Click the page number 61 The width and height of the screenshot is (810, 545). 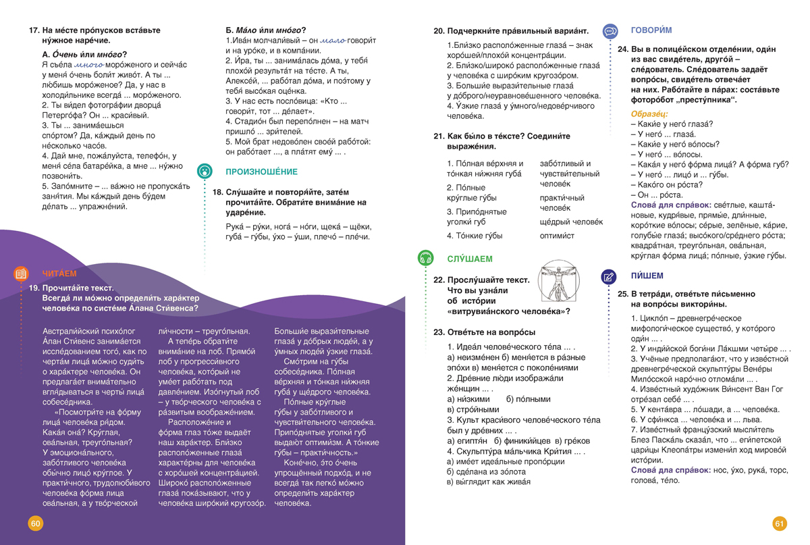tap(780, 523)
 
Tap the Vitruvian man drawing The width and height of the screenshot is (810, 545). tap(558, 284)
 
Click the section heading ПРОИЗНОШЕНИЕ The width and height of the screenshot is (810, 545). tap(261, 172)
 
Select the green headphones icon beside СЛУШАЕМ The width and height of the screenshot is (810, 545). tap(425, 258)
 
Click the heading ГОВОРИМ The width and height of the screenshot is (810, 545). tap(651, 30)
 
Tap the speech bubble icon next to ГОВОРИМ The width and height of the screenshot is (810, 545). tap(610, 31)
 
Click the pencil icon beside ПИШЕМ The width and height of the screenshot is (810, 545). tap(609, 276)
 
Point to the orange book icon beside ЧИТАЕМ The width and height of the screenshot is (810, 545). tap(21, 274)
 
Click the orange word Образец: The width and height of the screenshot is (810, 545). tap(649, 113)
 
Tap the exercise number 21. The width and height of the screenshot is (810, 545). tap(438, 136)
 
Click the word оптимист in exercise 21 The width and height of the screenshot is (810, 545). tap(557, 236)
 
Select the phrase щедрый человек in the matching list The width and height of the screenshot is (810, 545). tap(571, 222)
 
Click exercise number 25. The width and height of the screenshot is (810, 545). tap(622, 294)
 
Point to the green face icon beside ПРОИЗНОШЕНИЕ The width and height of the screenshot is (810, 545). tap(205, 172)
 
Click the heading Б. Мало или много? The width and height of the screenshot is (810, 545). tap(265, 30)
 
